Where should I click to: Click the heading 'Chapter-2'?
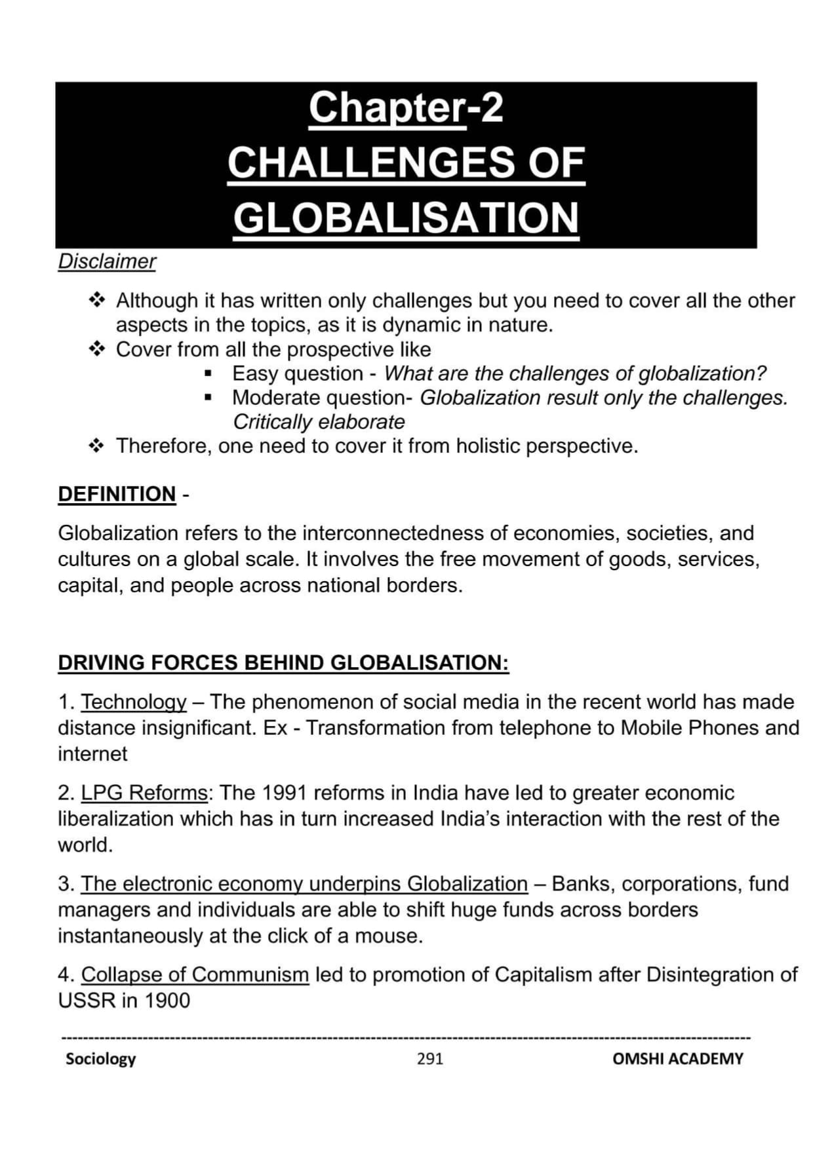pos(406,107)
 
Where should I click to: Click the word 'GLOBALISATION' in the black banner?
pos(406,218)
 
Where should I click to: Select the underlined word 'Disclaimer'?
pos(107,261)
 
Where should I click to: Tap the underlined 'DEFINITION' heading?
pos(117,493)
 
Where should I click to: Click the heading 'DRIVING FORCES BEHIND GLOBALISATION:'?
pos(283,662)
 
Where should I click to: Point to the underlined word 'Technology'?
pos(134,702)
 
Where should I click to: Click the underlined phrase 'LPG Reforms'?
pos(144,793)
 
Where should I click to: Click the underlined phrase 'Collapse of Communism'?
pos(195,974)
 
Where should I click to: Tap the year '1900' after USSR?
pos(167,1001)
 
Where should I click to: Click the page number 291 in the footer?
pos(430,1058)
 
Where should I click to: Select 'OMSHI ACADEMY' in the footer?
pos(677,1058)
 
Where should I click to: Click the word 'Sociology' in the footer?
pos(100,1058)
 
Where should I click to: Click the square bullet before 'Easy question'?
pos(208,374)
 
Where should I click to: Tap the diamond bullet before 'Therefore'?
pos(97,446)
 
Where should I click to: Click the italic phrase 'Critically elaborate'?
pos(319,422)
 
